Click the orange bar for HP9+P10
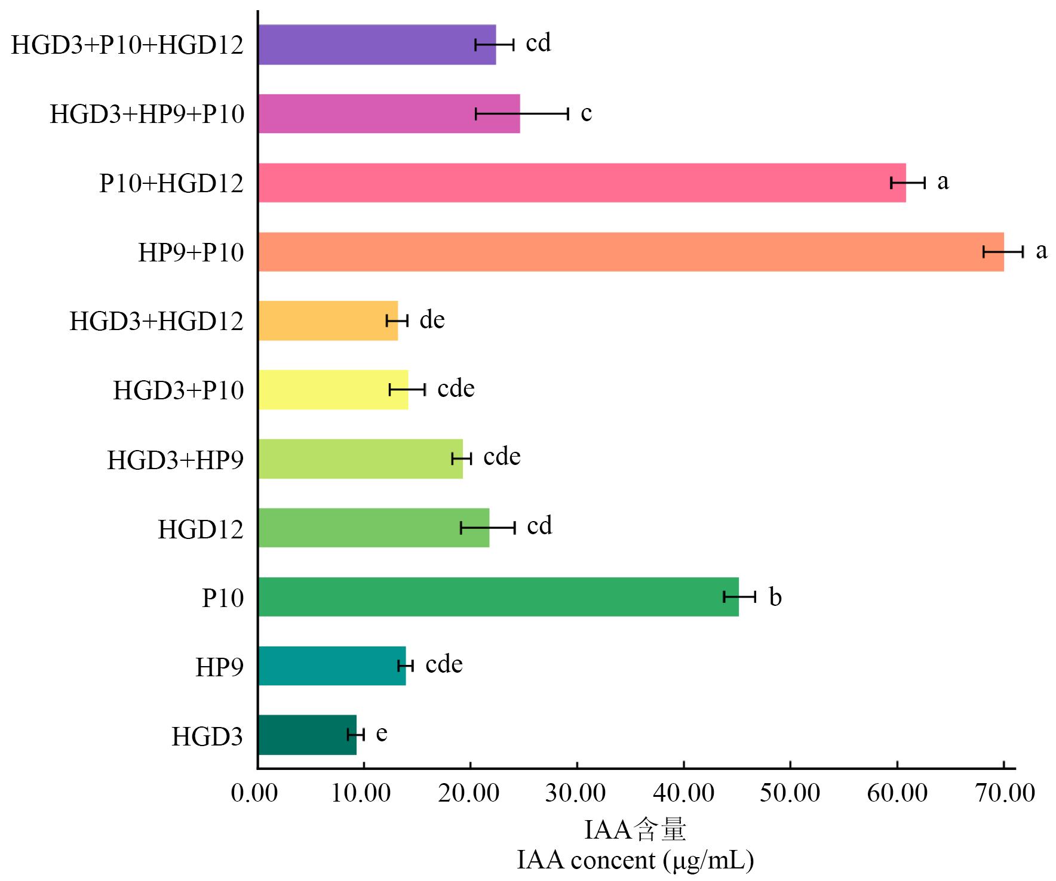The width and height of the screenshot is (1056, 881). point(631,252)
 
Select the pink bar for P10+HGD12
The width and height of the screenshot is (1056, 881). point(582,183)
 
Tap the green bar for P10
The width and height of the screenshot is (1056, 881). point(498,597)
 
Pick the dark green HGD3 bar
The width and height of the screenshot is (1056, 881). point(307,735)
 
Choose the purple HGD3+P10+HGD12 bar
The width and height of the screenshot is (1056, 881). point(377,45)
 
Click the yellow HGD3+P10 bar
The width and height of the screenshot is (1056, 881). point(333,390)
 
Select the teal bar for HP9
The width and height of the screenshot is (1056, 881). point(332,666)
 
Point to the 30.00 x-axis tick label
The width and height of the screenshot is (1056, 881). point(576,793)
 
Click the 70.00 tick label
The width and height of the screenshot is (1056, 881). point(1005,793)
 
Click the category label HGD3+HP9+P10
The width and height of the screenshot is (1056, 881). point(147,114)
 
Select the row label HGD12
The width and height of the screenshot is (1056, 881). point(201,529)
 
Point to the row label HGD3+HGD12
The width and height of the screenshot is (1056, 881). point(156,321)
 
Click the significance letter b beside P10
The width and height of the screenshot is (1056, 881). point(775,597)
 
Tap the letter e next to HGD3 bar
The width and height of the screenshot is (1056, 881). point(382,733)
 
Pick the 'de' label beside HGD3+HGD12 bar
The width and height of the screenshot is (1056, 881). point(432,320)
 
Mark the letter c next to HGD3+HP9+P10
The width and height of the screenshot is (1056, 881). point(586,113)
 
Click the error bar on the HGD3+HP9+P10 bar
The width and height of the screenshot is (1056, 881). point(521,113)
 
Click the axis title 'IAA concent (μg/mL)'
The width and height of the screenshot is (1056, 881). point(635,860)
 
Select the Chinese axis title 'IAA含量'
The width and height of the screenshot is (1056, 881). point(635,830)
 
